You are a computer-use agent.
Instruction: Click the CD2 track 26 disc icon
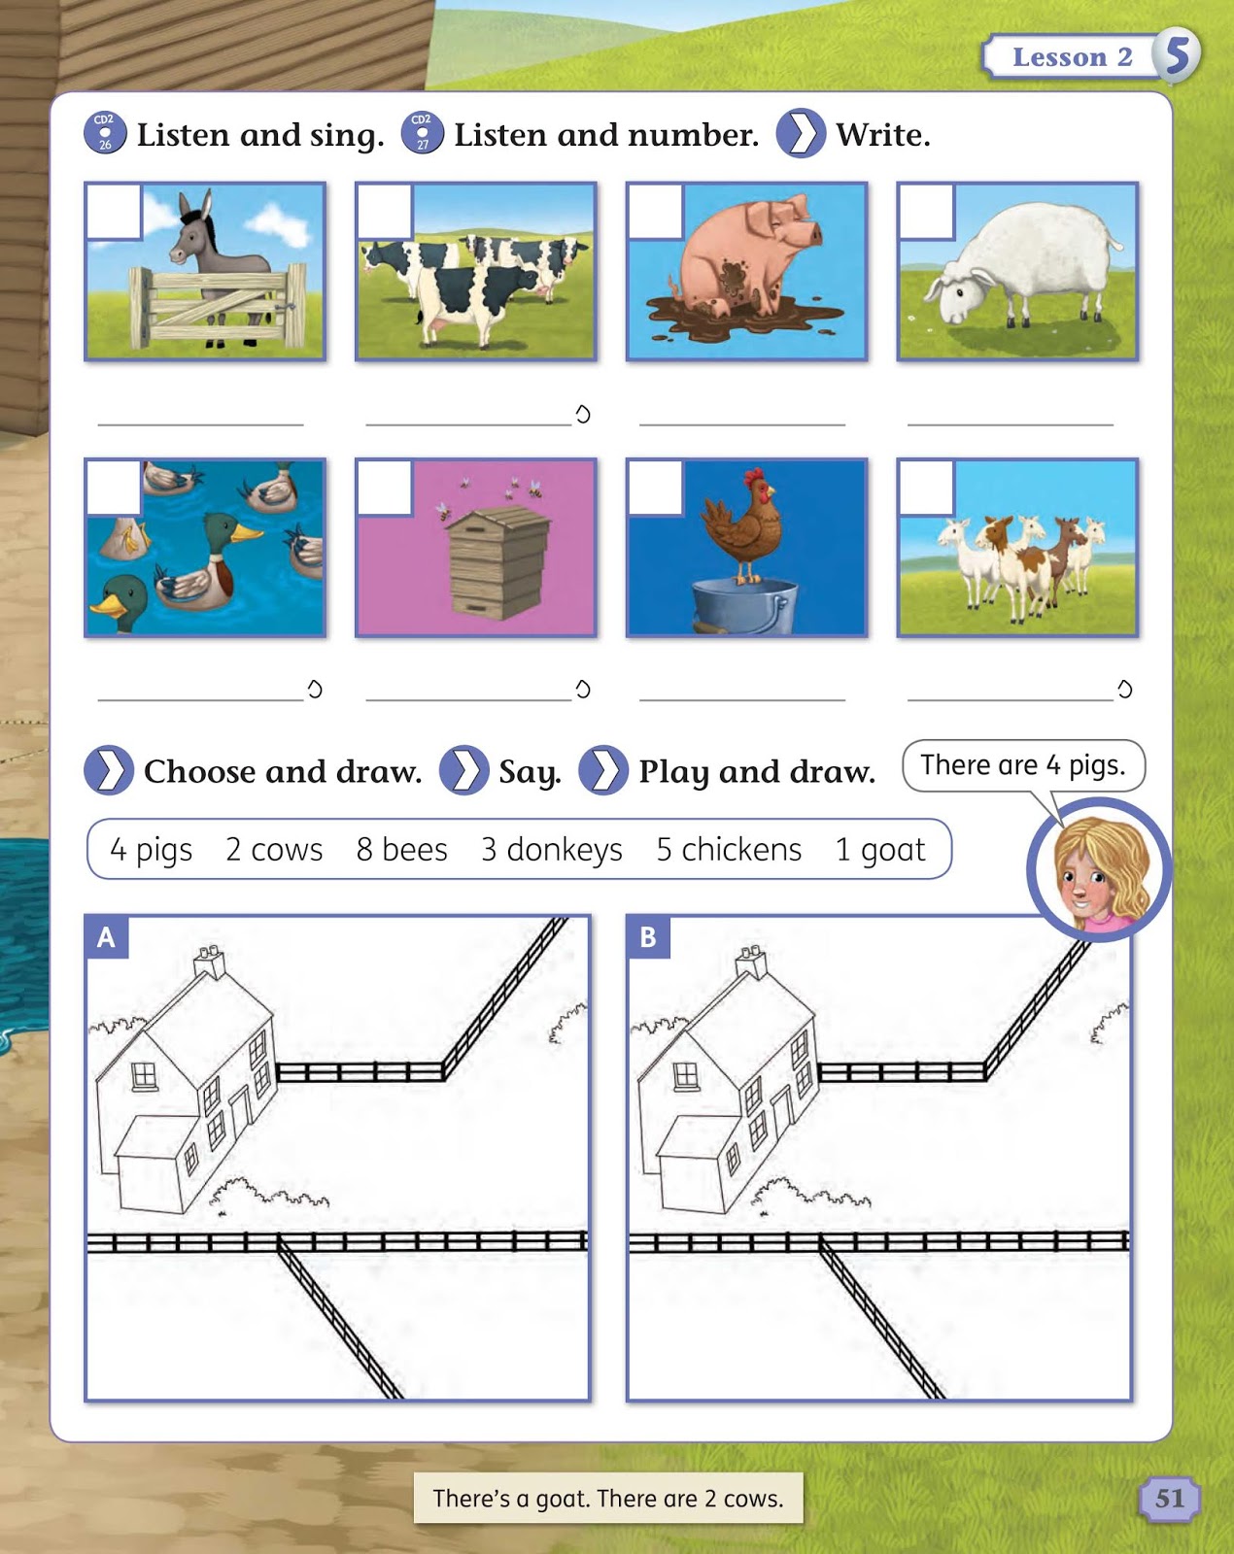(x=105, y=133)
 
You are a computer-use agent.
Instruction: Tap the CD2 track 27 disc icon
(x=422, y=133)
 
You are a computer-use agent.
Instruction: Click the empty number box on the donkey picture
(x=114, y=212)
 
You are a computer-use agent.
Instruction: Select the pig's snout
(x=814, y=232)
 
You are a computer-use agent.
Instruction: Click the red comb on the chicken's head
(x=754, y=477)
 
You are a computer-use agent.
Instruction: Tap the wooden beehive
(x=498, y=562)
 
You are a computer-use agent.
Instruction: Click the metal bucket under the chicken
(x=744, y=606)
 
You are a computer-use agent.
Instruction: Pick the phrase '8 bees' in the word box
(x=401, y=850)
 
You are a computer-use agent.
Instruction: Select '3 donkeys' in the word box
(x=552, y=851)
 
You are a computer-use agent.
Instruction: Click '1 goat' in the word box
(x=880, y=851)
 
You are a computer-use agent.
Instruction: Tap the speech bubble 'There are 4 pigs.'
(x=1023, y=765)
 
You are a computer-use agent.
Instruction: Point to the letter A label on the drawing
(x=106, y=937)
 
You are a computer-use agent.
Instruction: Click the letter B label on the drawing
(x=648, y=937)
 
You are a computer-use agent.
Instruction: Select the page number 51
(x=1170, y=1498)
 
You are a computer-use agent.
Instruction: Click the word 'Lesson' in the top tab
(x=1059, y=57)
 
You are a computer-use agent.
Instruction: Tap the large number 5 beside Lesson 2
(x=1177, y=55)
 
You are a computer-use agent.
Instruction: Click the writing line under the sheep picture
(x=1010, y=424)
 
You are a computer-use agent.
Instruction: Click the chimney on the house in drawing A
(x=210, y=961)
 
